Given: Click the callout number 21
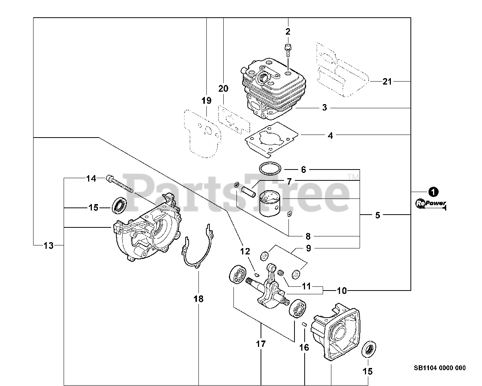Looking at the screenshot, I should tap(387, 81).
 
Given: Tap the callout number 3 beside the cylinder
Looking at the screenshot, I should tap(325, 108).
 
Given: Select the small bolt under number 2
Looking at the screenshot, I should tap(288, 49).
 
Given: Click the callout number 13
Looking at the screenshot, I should tap(48, 246).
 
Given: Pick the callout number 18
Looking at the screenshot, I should tap(198, 299).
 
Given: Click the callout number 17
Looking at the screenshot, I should tap(261, 344).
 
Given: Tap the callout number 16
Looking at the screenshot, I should tap(304, 347).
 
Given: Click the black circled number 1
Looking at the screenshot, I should tap(434, 192).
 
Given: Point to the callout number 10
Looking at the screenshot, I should tap(342, 290).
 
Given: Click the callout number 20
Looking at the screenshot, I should tap(223, 89).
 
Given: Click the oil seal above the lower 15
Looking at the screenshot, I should tap(368, 349).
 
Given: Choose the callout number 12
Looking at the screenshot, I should tap(245, 251).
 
